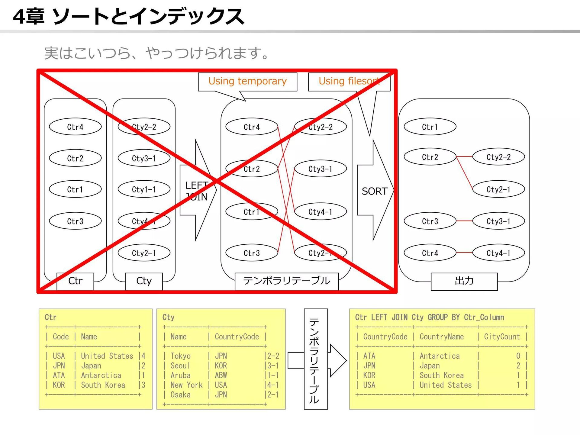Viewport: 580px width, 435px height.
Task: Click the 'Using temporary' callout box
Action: click(247, 81)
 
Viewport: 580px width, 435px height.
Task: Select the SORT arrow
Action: click(375, 191)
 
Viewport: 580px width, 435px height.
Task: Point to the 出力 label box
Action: click(464, 281)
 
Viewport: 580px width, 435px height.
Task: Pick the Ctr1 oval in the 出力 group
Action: click(430, 127)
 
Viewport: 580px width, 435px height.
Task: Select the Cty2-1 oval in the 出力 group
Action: click(498, 189)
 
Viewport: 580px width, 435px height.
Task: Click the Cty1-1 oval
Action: click(144, 189)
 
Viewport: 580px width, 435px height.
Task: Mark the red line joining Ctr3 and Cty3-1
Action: click(464, 221)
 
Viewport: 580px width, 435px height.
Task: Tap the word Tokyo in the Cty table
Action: click(180, 356)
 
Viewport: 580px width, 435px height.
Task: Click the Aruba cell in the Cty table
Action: click(180, 375)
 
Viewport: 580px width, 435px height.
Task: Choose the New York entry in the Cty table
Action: click(186, 385)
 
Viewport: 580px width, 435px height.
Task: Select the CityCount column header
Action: click(502, 337)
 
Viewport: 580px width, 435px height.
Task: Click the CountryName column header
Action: click(441, 337)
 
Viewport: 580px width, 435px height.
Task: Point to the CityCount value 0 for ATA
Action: click(518, 356)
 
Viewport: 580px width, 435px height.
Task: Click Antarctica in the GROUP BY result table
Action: click(440, 356)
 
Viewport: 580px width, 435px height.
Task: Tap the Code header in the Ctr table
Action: click(61, 337)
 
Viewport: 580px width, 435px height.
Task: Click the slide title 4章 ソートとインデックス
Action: click(128, 16)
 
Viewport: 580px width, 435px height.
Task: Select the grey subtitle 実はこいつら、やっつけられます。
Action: click(156, 53)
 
